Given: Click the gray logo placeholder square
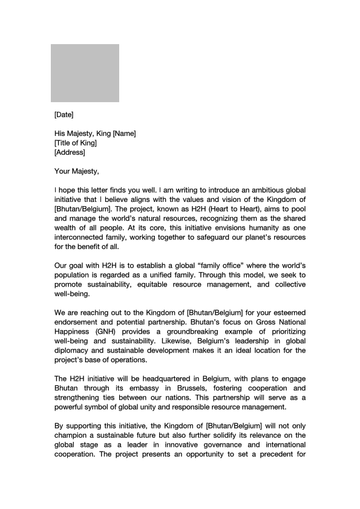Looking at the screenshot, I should [85, 73].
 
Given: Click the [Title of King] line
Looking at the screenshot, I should [75, 143].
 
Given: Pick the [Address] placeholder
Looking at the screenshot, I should [70, 152].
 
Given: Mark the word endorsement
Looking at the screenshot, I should [79, 322].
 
